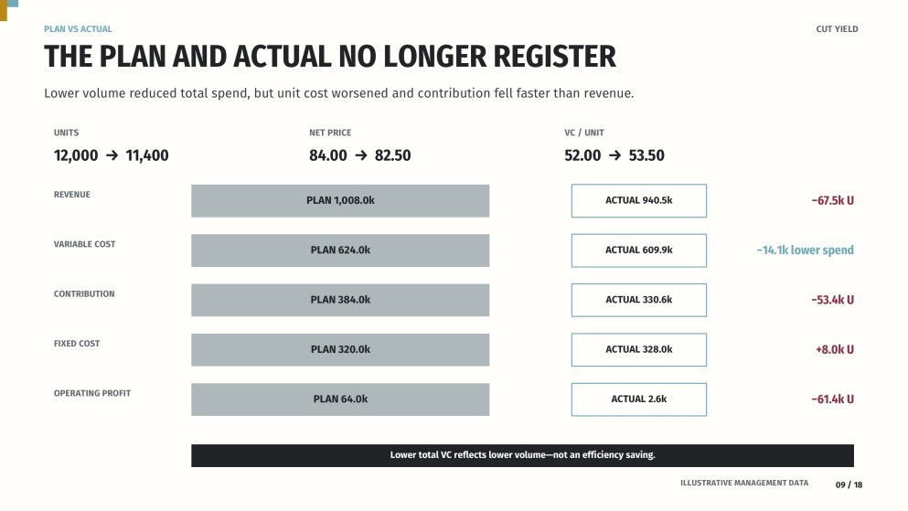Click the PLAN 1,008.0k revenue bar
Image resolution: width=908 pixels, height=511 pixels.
point(340,201)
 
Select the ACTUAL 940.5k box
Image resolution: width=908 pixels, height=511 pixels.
point(639,201)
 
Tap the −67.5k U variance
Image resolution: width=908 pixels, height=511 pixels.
point(832,201)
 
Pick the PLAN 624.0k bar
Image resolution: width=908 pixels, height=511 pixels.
point(340,250)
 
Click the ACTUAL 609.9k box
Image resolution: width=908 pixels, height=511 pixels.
point(639,250)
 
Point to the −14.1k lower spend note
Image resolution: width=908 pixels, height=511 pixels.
point(805,250)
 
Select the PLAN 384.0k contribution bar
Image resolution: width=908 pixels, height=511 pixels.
point(340,300)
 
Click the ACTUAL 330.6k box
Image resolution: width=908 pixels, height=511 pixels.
point(639,300)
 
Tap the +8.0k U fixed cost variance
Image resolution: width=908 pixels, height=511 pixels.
point(835,349)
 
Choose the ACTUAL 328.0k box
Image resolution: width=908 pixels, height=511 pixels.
point(639,349)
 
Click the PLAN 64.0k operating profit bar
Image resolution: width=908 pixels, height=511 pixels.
point(340,399)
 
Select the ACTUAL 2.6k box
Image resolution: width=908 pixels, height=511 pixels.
point(639,399)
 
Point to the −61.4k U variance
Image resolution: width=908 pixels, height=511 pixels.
point(832,399)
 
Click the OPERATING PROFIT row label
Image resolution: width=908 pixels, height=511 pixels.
point(92,393)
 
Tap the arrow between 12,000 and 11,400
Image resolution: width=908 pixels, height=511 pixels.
point(112,155)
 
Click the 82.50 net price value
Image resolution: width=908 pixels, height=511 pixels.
point(392,155)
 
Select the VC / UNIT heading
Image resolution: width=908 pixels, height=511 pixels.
point(583,133)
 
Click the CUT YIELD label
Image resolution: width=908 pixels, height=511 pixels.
point(837,29)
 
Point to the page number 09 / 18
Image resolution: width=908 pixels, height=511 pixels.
point(849,485)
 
